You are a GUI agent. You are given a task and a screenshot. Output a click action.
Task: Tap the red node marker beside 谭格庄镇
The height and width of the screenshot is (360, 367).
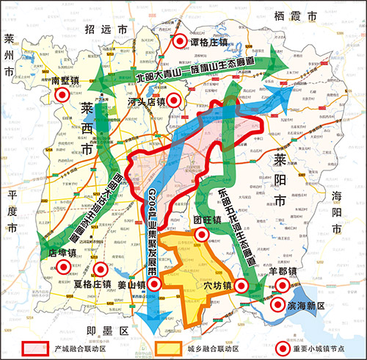177,42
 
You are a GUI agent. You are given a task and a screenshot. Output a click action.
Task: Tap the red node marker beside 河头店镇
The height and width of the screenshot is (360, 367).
173,101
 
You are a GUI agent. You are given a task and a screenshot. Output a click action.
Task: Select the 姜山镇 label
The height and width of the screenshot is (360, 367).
132,284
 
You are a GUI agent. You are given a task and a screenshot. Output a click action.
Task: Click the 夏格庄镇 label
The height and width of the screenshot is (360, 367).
92,284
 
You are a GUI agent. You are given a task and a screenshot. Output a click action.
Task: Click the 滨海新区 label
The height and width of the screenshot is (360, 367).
300,306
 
